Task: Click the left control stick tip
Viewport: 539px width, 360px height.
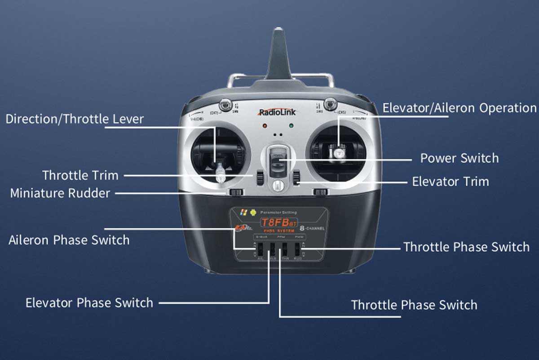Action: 220,173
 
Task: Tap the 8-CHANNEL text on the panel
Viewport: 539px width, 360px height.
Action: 312,228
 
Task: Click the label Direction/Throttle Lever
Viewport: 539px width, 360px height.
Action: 75,119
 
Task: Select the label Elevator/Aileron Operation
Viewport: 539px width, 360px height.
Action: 459,108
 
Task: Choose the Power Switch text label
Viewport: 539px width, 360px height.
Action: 459,158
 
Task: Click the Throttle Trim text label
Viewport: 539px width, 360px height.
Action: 80,175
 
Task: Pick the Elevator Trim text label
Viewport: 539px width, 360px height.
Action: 451,182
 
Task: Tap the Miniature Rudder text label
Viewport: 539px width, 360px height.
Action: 60,193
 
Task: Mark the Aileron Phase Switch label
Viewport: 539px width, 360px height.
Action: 69,240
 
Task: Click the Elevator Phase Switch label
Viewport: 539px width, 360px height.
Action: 89,302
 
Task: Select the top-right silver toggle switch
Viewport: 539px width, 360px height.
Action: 331,103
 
